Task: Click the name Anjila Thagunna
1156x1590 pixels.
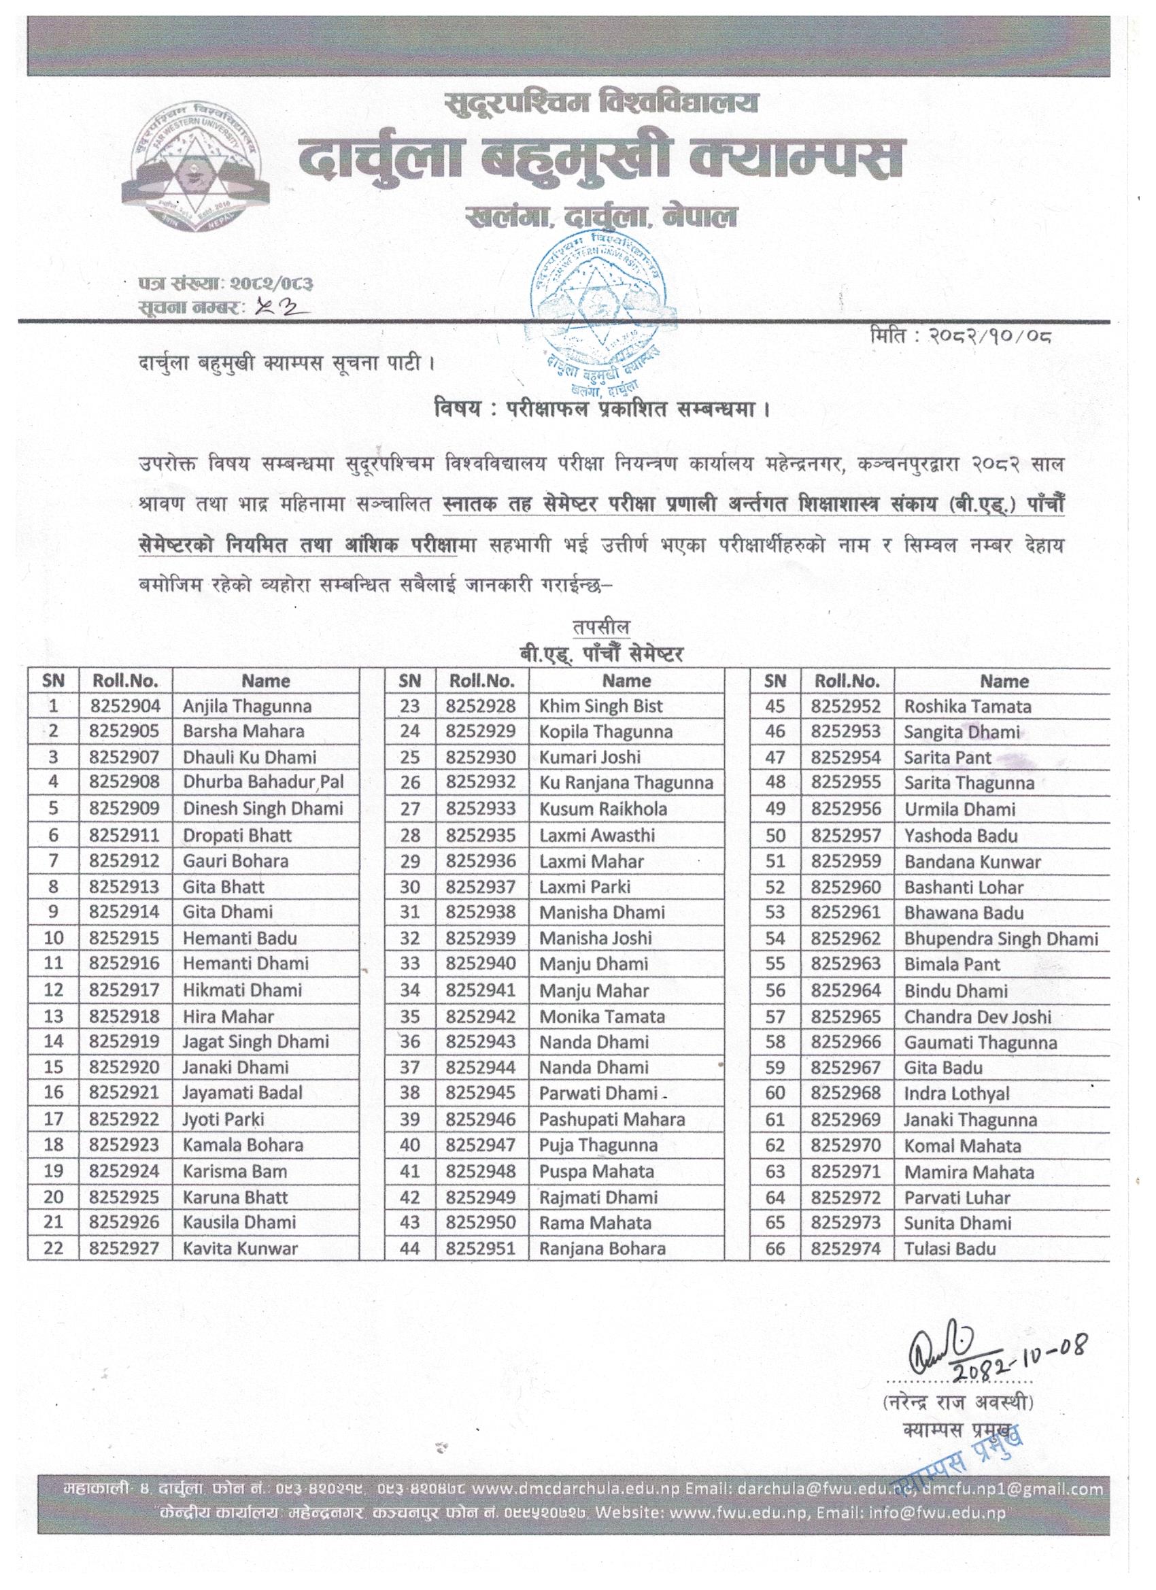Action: click(x=247, y=706)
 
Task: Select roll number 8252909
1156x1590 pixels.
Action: click(x=125, y=809)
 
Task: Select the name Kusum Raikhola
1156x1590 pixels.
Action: click(x=603, y=809)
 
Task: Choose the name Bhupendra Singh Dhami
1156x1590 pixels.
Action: click(x=1000, y=938)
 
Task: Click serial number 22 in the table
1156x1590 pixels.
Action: click(x=53, y=1248)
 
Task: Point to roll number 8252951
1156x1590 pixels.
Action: click(x=480, y=1248)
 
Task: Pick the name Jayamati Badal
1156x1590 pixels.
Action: click(x=243, y=1093)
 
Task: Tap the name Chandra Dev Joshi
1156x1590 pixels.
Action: click(x=977, y=1017)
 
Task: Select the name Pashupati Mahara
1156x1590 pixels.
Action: click(x=611, y=1119)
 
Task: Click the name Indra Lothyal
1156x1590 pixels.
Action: click(x=956, y=1094)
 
